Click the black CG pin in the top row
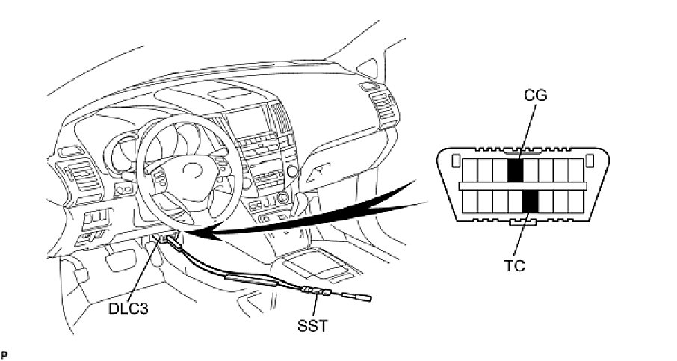pos(515,170)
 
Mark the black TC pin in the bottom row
pos(530,200)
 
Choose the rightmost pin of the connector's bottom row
pos(576,200)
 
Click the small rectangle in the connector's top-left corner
pos(454,159)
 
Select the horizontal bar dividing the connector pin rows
pos(522,185)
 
